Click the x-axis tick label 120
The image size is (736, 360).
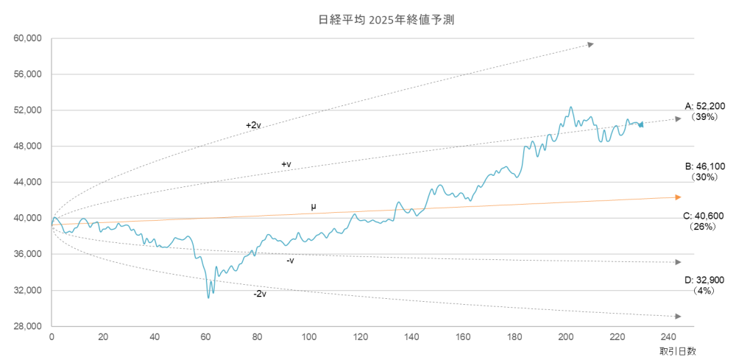pos(360,337)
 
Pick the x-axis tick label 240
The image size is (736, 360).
pos(668,337)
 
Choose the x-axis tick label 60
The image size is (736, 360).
pos(205,337)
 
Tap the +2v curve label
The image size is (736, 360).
pos(254,125)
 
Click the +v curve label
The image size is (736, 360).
pos(286,163)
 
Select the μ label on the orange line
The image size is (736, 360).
pos(314,207)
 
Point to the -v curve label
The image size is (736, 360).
pos(290,260)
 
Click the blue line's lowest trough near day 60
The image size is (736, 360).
pos(208,297)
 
